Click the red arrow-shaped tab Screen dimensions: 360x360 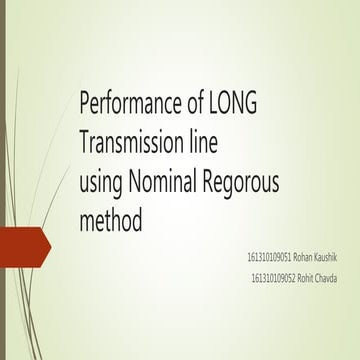(24, 246)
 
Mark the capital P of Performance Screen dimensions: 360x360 (85, 102)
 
